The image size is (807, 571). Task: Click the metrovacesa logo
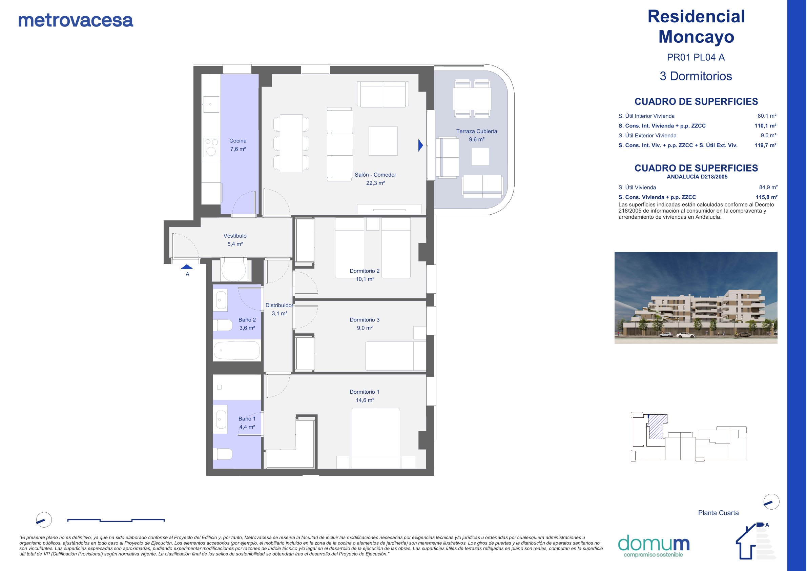coord(76,20)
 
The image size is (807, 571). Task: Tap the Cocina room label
coord(238,141)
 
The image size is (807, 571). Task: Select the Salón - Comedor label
coord(375,175)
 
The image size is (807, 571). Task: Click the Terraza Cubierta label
coord(477,131)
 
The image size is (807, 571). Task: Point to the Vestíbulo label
coord(235,236)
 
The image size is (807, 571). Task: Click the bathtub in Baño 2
coord(236,350)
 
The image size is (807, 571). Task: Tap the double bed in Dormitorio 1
coord(376,438)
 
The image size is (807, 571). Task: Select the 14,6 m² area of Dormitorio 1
coord(365,400)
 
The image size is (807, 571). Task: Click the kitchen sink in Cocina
coord(211,104)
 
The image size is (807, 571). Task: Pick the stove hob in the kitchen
coord(211,147)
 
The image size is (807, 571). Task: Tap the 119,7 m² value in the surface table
coord(765,145)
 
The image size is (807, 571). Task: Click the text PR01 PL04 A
coord(696,57)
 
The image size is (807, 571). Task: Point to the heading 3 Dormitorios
coord(696,76)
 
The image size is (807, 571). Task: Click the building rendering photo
coord(696,298)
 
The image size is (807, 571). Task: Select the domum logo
coord(654,545)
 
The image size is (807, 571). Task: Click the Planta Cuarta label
coord(719,513)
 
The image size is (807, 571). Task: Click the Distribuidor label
coord(280,306)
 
